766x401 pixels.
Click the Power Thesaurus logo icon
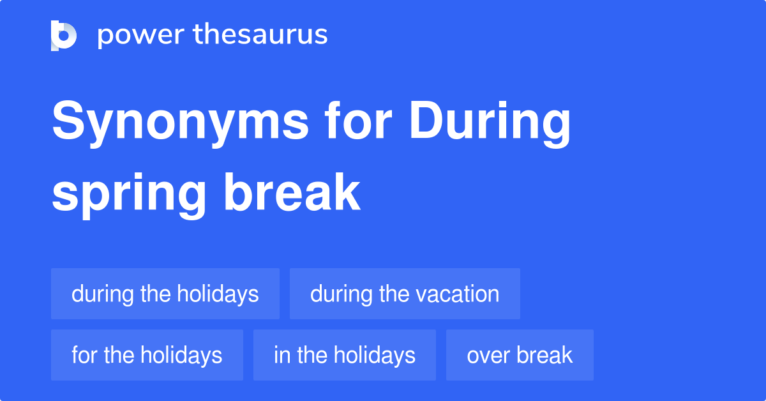coord(64,35)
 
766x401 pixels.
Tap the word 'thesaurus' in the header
coord(260,35)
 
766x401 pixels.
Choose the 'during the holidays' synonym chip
coord(165,294)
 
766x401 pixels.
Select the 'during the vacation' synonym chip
coord(405,294)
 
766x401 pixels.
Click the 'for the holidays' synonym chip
coord(147,355)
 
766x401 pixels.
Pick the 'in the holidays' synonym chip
coord(345,355)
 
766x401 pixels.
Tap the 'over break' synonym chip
coord(520,355)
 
